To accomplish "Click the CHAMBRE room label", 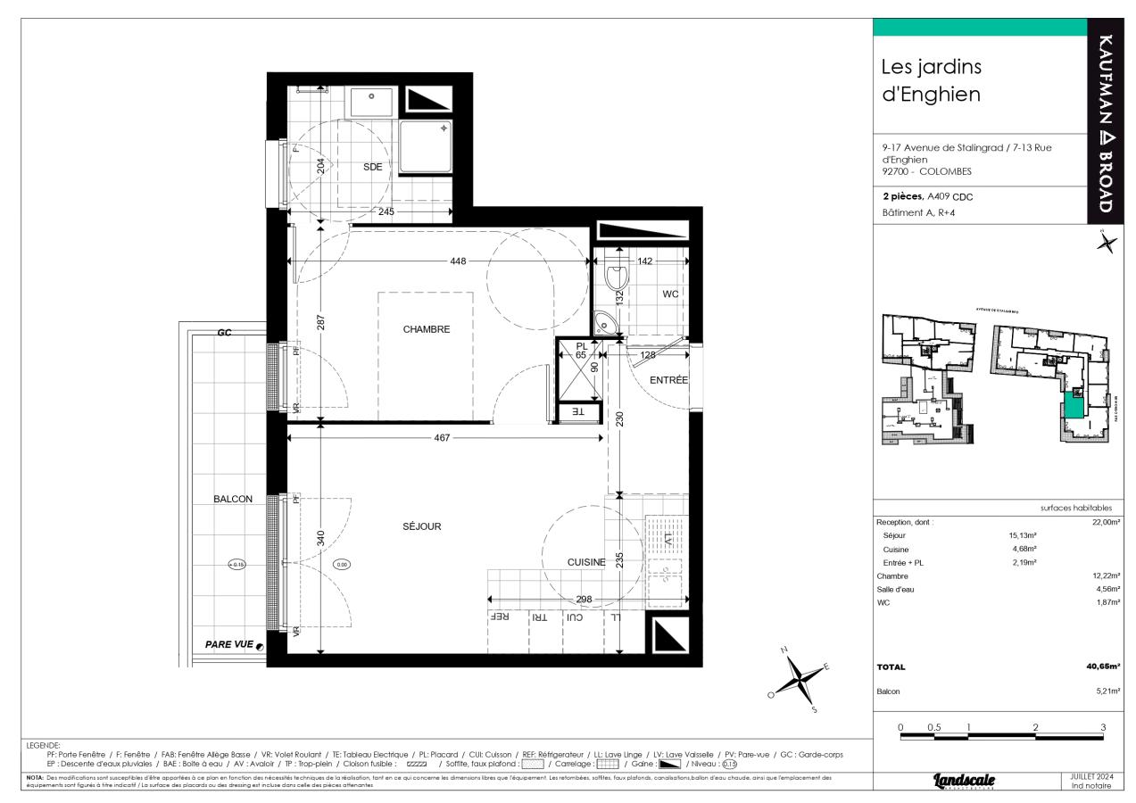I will coord(426,329).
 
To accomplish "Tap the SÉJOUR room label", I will coord(421,526).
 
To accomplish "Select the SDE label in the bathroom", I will coord(372,167).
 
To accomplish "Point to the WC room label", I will coord(670,294).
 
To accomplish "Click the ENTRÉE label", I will coord(668,380).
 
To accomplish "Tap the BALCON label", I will coord(232,499).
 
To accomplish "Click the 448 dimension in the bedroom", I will coord(459,261).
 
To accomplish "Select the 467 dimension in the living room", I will coord(442,438).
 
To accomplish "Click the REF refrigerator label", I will coord(500,617).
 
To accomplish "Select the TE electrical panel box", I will coord(576,412).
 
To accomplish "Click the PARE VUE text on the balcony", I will coord(229,644).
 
